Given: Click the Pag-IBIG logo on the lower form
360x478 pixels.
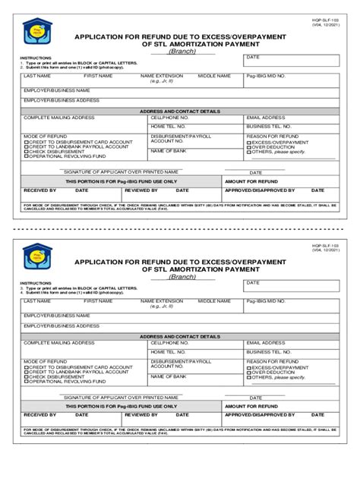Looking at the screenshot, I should pyautogui.click(x=34, y=256).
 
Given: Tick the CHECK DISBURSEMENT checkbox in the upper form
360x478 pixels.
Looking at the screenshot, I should pyautogui.click(x=26, y=151).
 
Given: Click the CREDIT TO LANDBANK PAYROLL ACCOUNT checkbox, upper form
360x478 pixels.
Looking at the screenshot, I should pyautogui.click(x=26, y=146).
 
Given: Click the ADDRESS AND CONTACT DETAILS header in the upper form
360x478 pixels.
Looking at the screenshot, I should pyautogui.click(x=180, y=111).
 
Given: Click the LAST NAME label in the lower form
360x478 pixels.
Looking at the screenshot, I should pyautogui.click(x=37, y=301).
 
